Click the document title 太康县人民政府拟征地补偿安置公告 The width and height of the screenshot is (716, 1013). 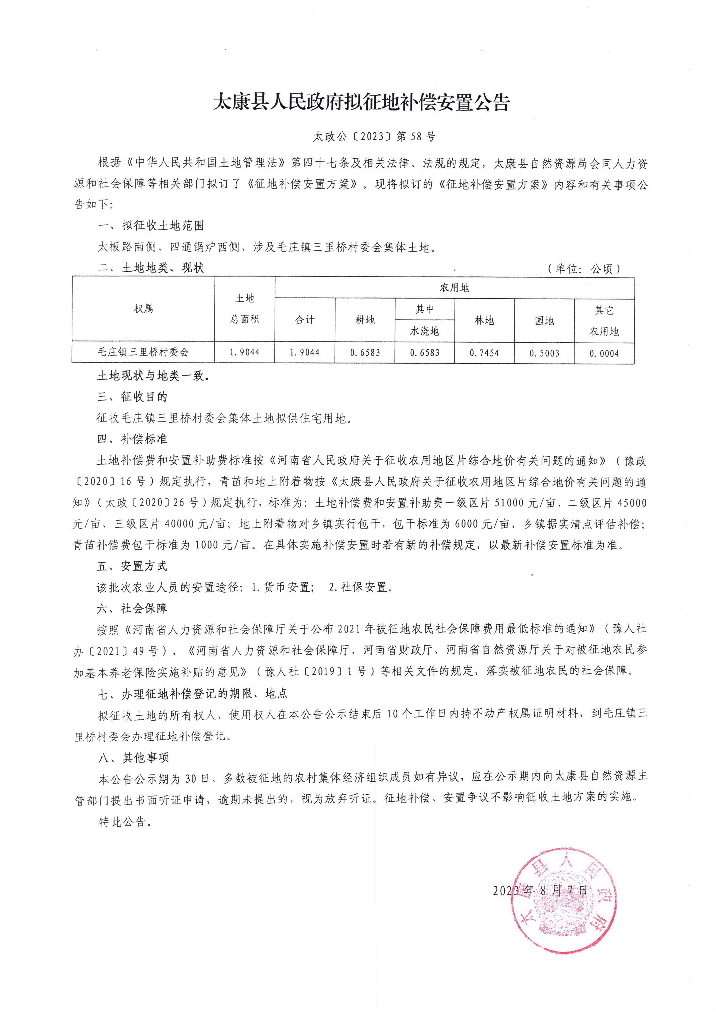361,102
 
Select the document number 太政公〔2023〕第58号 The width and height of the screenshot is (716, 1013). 374,137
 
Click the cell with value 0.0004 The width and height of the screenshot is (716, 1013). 604,353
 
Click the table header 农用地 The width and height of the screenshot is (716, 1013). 454,288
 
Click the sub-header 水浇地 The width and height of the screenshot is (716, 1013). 424,331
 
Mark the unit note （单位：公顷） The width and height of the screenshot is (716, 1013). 584,269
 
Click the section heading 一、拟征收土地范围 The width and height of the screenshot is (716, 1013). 151,226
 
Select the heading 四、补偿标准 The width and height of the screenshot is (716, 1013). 132,439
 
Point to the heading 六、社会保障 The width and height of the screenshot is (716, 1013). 132,608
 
